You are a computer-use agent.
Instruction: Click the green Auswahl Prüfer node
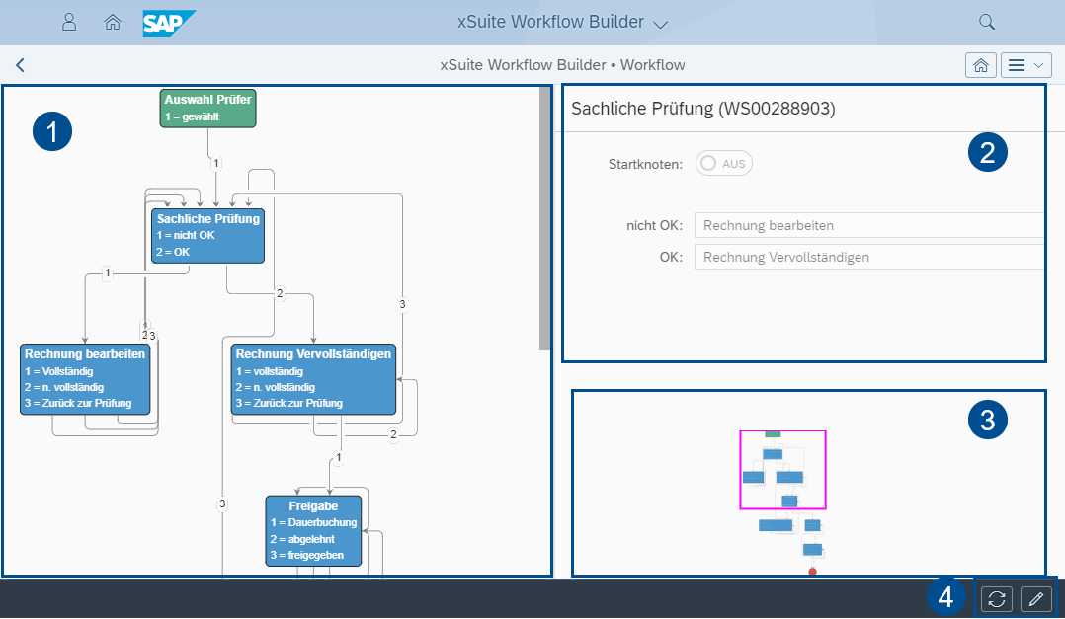[x=207, y=108]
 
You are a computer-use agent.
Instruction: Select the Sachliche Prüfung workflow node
[x=207, y=235]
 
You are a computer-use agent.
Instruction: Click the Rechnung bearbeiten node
[x=85, y=378]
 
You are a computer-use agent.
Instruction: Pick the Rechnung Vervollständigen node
[x=313, y=378]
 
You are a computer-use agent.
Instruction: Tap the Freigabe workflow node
[x=313, y=530]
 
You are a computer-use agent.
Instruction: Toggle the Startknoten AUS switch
[x=724, y=164]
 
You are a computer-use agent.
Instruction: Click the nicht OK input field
[x=868, y=225]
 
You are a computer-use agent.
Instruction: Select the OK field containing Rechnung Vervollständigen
[x=868, y=258]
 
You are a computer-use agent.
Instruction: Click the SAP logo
[x=169, y=22]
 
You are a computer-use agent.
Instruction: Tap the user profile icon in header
[x=69, y=22]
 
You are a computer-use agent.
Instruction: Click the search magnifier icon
[x=986, y=22]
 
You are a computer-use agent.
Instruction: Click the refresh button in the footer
[x=997, y=598]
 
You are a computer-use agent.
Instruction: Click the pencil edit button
[x=1035, y=598]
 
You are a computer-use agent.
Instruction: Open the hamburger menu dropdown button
[x=1025, y=65]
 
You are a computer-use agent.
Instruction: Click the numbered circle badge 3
[x=987, y=421]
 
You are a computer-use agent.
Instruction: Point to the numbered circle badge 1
[x=51, y=131]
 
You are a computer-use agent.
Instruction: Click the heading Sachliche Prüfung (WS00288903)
[x=702, y=109]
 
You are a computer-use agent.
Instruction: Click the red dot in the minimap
[x=812, y=571]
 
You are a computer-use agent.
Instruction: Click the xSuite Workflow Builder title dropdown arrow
[x=661, y=23]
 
